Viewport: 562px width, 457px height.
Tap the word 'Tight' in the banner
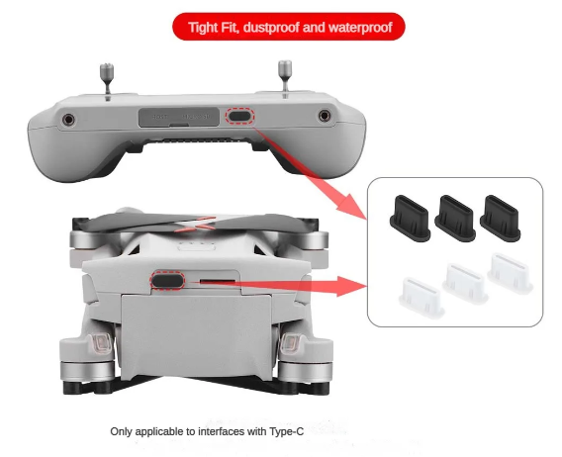[203, 28]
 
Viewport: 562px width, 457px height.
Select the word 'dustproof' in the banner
[271, 28]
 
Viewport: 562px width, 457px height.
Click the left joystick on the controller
[107, 79]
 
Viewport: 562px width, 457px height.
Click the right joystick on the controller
[285, 76]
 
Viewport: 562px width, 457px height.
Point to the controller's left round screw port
[68, 120]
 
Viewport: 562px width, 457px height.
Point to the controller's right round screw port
[325, 116]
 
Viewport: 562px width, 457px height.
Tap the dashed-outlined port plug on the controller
[239, 116]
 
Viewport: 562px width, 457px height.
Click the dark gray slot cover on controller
[179, 117]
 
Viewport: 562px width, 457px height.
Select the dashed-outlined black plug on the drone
[168, 280]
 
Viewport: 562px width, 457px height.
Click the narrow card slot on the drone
[218, 280]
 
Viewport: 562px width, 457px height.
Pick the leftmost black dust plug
[410, 219]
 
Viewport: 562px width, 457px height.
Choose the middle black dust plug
[455, 219]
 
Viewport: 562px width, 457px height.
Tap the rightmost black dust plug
[501, 219]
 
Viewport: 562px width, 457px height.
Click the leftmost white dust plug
[421, 298]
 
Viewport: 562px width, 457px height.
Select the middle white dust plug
[465, 283]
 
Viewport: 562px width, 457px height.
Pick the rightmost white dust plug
[510, 273]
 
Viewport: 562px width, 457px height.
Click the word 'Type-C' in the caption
[286, 431]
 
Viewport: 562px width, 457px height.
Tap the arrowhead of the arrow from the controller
[352, 205]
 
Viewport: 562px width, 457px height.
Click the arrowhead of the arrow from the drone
[351, 286]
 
